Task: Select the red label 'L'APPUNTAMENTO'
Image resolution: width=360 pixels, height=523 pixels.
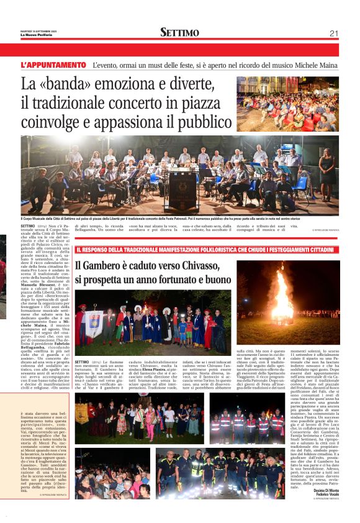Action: coord(53,65)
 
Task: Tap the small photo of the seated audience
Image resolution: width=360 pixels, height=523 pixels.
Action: coord(287,104)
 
